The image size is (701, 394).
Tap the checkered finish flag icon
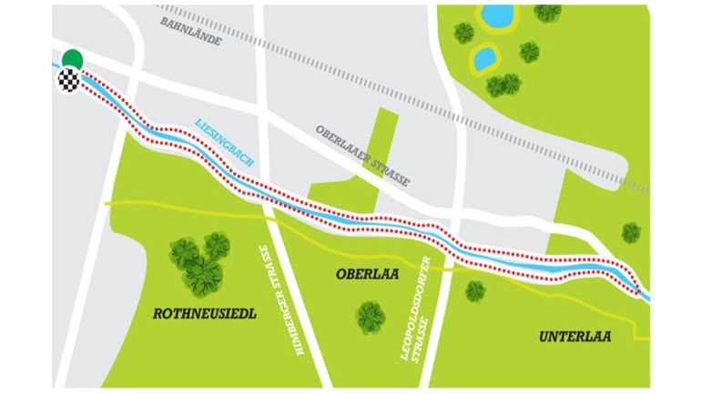coord(66,80)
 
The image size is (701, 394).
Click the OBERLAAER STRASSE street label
coord(363,155)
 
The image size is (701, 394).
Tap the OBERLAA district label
coord(368,273)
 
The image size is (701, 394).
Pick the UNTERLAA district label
coord(574,337)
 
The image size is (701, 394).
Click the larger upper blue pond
coord(496,15)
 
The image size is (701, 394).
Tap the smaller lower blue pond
coord(484,58)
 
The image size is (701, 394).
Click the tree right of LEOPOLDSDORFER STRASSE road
coord(475,291)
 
